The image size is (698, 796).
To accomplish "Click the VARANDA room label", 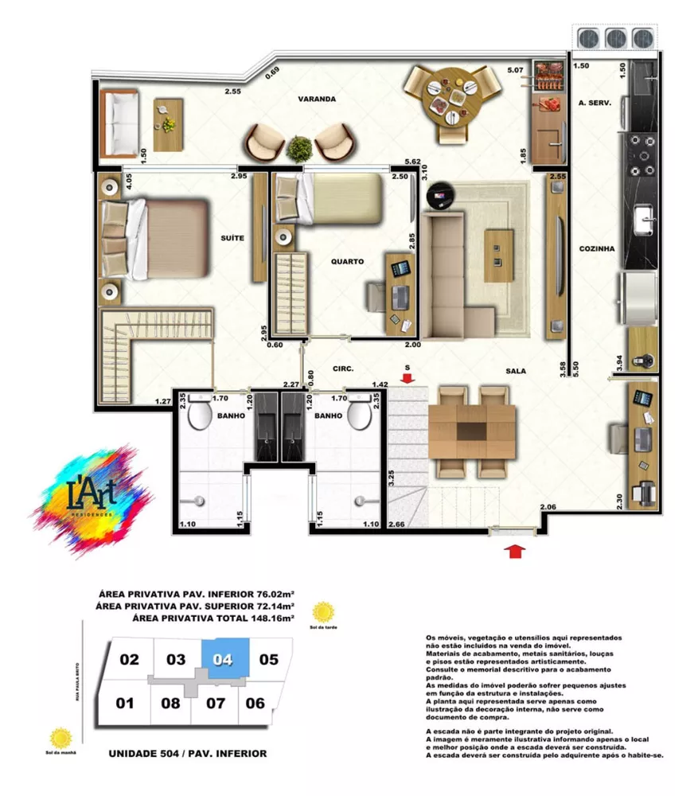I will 317,99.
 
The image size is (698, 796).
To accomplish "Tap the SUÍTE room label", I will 232,238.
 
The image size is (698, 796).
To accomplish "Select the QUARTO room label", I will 348,261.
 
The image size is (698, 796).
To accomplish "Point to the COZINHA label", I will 597,249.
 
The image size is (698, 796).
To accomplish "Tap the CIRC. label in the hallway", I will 343,369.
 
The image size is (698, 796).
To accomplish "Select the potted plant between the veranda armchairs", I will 300,148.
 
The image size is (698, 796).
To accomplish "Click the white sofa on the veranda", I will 121,123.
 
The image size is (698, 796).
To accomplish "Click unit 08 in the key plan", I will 171,703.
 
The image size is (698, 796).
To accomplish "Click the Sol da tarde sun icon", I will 323,613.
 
